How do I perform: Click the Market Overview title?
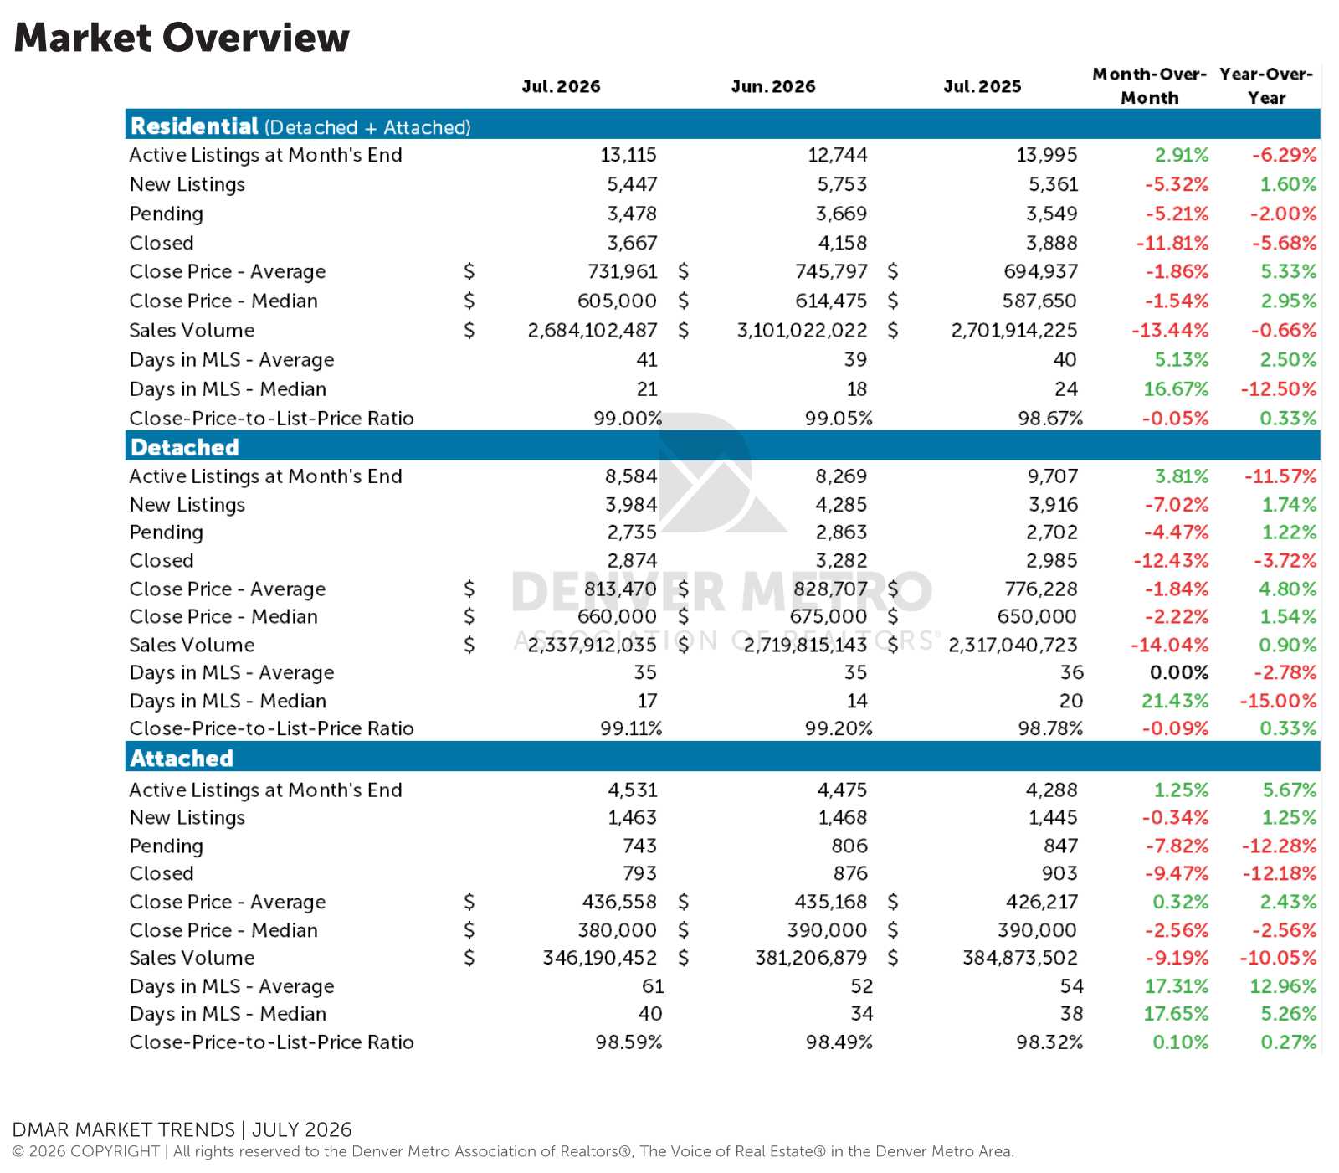click(182, 38)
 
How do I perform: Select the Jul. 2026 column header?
click(561, 86)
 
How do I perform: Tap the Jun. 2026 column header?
click(773, 86)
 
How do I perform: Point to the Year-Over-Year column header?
click(1266, 85)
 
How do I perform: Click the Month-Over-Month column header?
click(1150, 85)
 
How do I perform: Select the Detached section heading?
click(185, 447)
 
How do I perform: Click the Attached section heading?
click(182, 758)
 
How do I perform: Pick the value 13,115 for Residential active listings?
click(628, 155)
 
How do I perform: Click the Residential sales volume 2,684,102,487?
click(593, 330)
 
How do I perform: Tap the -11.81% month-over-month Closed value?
click(1172, 243)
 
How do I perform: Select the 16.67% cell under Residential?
click(1176, 388)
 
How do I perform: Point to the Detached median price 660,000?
click(617, 616)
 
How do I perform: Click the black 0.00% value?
click(1179, 672)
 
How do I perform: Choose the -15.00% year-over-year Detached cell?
click(1278, 701)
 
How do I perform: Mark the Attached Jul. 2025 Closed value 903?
click(1059, 873)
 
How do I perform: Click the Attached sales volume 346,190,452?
click(600, 957)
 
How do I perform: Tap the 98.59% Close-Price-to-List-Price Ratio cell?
click(628, 1042)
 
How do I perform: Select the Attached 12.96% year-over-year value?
click(1283, 985)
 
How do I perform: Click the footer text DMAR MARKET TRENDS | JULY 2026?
click(182, 1129)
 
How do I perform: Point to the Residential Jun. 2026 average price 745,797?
click(831, 271)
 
